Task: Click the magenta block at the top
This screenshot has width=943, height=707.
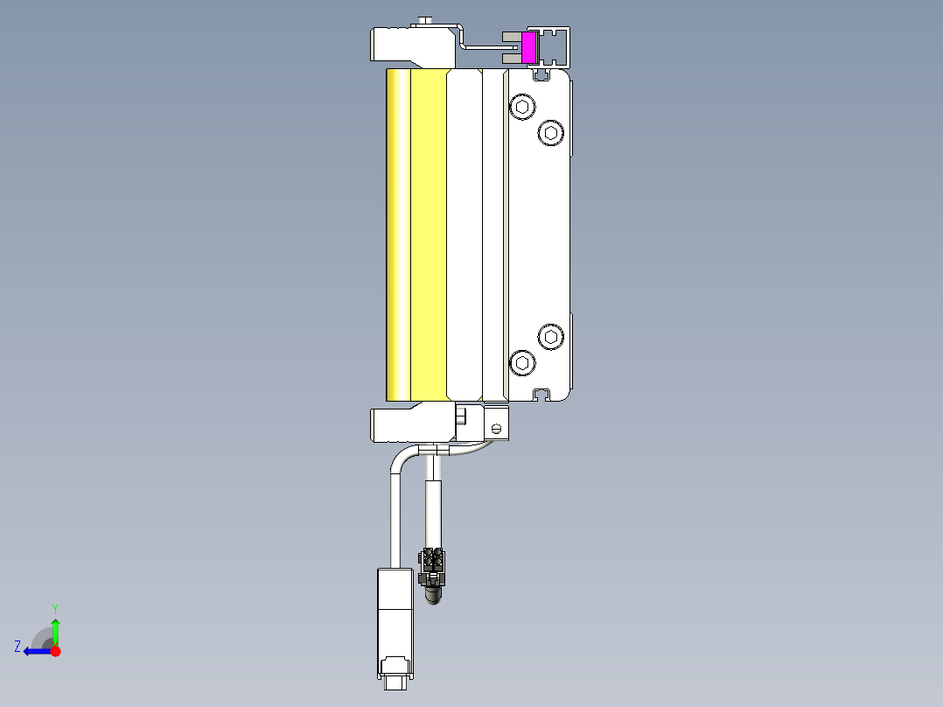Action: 528,48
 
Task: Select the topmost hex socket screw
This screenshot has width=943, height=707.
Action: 522,108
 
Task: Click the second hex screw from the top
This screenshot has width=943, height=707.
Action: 549,133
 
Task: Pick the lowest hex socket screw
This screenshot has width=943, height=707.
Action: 522,362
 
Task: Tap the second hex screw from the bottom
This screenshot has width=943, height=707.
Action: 549,336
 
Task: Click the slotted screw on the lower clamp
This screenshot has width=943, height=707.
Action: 497,429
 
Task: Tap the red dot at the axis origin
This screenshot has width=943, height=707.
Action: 55,650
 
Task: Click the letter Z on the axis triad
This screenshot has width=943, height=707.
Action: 17,647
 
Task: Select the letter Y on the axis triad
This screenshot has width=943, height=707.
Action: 54,607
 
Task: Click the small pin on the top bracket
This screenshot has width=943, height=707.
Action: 426,21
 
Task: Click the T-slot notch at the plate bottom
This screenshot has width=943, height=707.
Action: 541,395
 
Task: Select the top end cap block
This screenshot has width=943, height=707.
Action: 411,45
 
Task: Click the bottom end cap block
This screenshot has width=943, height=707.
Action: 411,424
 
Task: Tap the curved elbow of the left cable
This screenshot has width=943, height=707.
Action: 399,458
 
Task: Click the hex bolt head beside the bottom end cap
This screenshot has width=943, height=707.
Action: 462,416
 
